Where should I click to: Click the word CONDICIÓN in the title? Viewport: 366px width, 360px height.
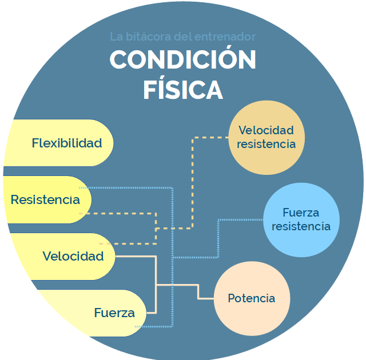183,60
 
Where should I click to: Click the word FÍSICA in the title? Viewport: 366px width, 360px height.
183,90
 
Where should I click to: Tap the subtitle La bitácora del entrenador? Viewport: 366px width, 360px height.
182,37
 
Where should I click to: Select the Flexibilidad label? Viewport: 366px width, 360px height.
67,143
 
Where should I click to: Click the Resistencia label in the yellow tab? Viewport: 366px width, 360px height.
45,200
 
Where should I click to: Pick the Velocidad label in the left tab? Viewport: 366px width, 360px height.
73,256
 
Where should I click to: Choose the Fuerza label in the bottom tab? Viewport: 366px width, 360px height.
114,313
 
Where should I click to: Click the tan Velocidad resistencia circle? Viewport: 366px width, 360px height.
266,137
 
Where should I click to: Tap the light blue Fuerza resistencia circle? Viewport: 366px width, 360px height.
301,219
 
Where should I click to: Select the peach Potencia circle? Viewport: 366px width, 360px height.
252,298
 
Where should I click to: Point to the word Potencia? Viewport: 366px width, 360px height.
252,298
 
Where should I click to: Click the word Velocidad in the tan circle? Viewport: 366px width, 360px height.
266,130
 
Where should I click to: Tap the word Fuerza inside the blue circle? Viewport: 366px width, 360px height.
301,213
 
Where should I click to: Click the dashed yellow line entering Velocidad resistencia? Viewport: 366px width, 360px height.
212,137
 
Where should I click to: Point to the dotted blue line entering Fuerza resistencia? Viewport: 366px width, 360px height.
240,219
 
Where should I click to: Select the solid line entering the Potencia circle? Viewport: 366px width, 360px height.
206,298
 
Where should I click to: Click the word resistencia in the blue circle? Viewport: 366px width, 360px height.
301,226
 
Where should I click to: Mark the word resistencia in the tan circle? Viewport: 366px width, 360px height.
266,144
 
